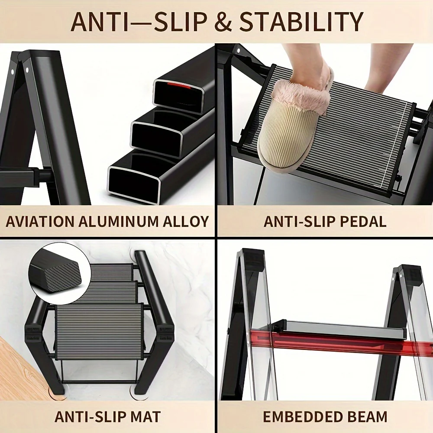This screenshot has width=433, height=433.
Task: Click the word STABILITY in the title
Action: pos(301,22)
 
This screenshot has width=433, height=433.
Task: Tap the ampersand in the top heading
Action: pos(223,22)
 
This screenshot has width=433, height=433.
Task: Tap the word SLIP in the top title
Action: pos(179,22)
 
